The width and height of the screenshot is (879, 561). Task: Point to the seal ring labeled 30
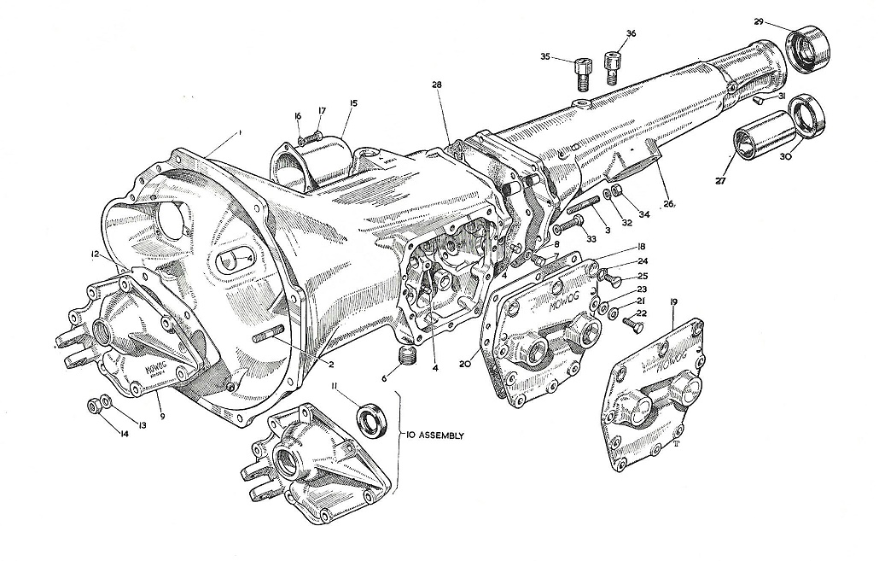807,116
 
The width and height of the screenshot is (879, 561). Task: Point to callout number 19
674,302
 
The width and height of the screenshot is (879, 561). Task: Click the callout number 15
353,103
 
